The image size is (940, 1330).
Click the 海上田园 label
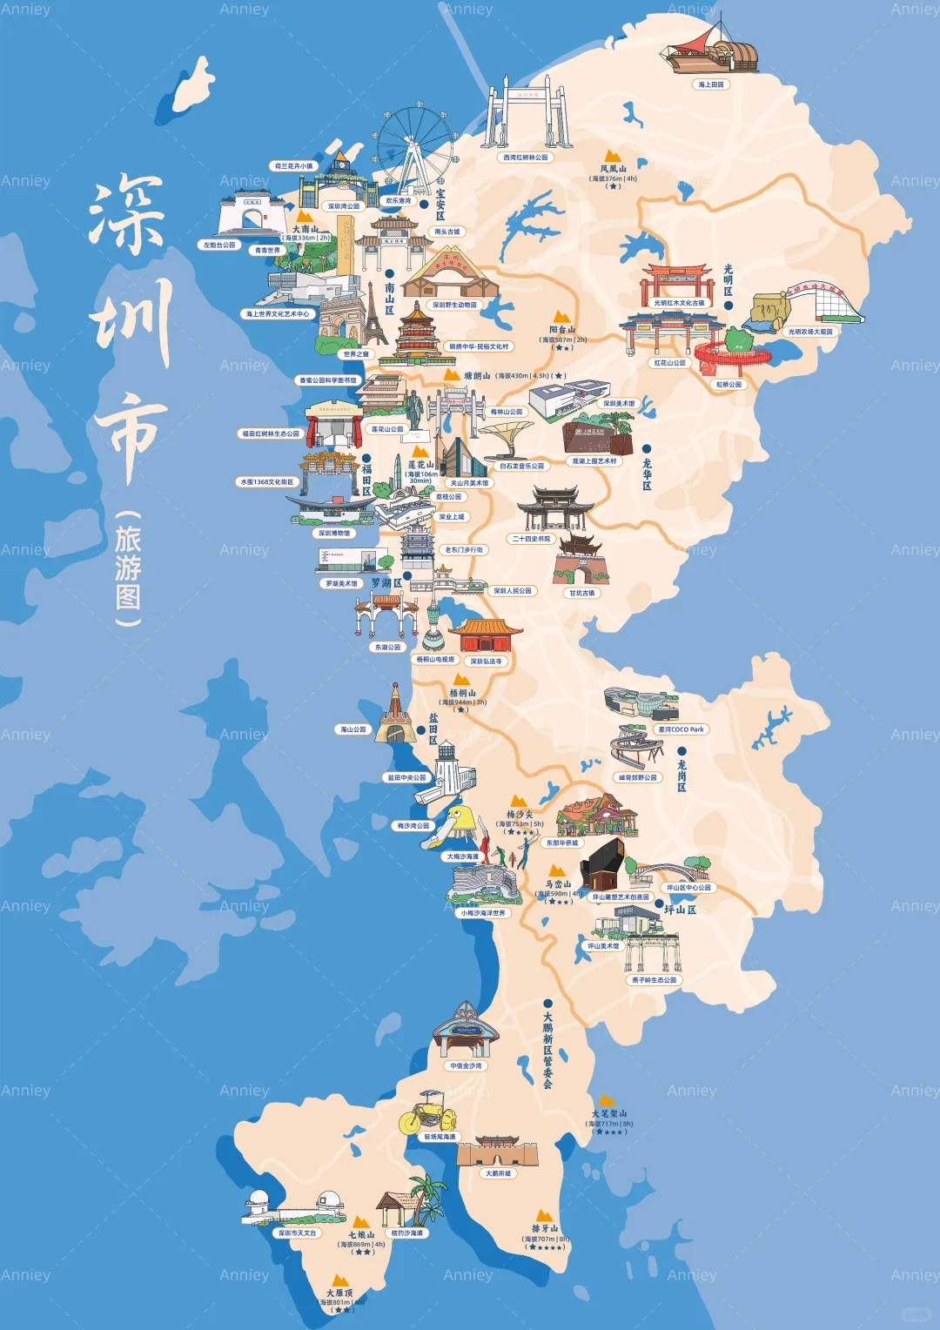(711, 85)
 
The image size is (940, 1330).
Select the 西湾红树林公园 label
(526, 158)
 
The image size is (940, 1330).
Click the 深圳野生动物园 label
(454, 306)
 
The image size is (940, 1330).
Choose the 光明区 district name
(728, 280)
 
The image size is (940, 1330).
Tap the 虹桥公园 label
(729, 384)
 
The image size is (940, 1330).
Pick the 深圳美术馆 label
(619, 404)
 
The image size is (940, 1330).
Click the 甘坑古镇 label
(582, 594)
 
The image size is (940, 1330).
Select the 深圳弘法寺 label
(486, 662)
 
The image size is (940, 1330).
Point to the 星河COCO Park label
(681, 729)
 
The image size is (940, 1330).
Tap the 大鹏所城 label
(498, 1173)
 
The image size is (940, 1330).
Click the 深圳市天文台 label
(298, 1233)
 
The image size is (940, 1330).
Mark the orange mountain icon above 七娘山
(359, 1222)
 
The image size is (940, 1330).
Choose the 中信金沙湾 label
(467, 1066)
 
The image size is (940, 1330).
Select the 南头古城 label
(447, 232)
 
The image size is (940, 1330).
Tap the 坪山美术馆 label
(603, 946)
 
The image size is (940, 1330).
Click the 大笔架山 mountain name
(609, 1114)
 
